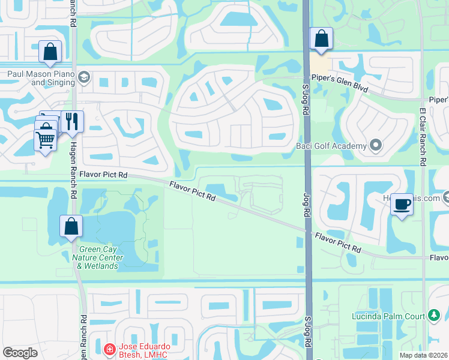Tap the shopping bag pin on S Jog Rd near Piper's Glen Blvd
pyautogui.click(x=322, y=38)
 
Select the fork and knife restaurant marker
pyautogui.click(x=72, y=122)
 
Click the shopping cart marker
pyautogui.click(x=46, y=141)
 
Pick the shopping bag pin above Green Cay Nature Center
pyautogui.click(x=71, y=226)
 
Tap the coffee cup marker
pyautogui.click(x=402, y=204)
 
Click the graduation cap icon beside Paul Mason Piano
pyautogui.click(x=83, y=77)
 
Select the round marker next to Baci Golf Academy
pyautogui.click(x=376, y=146)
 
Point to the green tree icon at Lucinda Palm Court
pyautogui.click(x=434, y=316)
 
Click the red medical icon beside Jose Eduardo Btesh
pyautogui.click(x=109, y=349)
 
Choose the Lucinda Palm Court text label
pyautogui.click(x=388, y=316)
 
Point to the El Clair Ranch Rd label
pyautogui.click(x=423, y=137)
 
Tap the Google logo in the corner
pyautogui.click(x=20, y=352)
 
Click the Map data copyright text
pyautogui.click(x=423, y=355)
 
